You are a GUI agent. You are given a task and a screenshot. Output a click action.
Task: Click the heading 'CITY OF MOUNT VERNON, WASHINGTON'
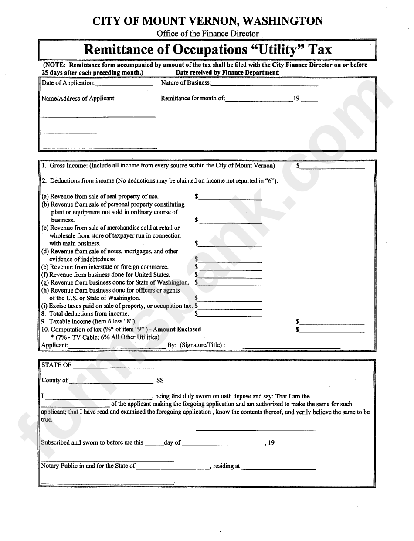click(207, 21)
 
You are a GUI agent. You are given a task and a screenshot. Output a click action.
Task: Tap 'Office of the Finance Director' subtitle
click(207, 34)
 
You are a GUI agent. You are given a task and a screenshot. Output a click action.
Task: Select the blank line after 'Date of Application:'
click(124, 85)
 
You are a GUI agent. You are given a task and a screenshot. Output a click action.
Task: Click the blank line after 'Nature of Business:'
click(265, 85)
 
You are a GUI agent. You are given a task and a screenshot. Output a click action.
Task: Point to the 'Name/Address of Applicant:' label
click(78, 99)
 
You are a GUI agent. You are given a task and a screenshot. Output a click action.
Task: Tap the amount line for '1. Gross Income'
click(332, 167)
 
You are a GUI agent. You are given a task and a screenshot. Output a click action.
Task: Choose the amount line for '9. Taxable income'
click(332, 323)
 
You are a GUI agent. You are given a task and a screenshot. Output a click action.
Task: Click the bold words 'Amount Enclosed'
click(177, 330)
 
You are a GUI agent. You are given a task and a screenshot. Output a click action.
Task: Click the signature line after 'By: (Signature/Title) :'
click(291, 347)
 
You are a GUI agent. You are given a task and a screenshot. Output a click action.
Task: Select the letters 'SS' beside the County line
click(160, 381)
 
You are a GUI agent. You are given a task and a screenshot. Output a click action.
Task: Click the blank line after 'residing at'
click(278, 468)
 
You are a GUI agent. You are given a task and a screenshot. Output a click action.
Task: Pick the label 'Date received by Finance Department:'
click(227, 73)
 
